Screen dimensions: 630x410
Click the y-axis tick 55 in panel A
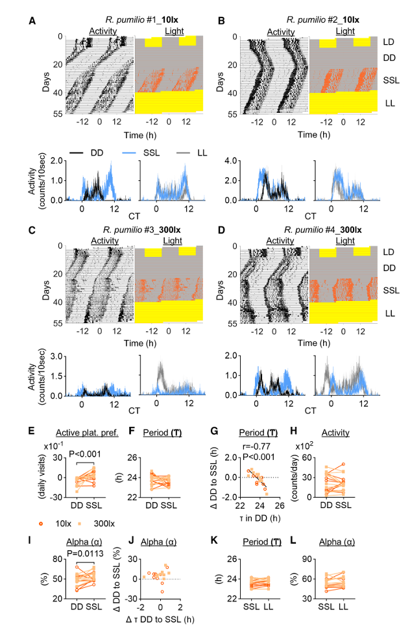click(x=57, y=115)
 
